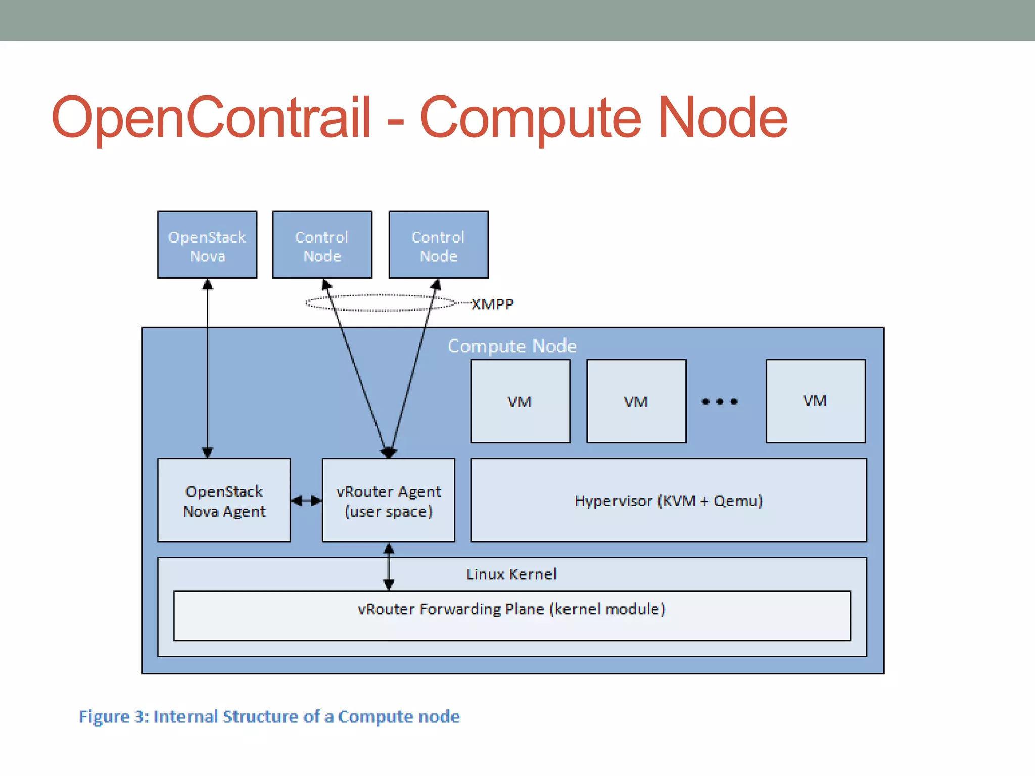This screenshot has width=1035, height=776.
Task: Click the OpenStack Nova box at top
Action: (207, 245)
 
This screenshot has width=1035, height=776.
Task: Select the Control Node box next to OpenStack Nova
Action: (322, 245)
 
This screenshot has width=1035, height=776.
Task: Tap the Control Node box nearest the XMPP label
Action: (439, 245)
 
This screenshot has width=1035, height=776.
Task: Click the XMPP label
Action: (492, 304)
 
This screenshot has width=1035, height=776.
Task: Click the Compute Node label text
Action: (512, 346)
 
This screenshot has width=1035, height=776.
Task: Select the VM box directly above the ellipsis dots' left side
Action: (636, 401)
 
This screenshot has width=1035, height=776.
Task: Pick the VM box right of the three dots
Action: (816, 401)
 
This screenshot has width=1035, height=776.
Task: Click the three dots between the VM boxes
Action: (720, 402)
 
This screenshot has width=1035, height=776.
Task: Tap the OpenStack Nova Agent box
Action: (224, 500)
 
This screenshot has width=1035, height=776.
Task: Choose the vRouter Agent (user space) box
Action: (388, 500)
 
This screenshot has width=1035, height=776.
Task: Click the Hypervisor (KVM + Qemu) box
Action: (668, 500)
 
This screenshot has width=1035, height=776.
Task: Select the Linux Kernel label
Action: (511, 574)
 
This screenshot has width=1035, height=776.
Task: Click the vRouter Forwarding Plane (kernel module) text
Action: (511, 609)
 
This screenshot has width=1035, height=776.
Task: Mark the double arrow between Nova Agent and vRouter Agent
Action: (306, 501)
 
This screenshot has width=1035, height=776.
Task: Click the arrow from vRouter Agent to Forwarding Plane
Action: (389, 566)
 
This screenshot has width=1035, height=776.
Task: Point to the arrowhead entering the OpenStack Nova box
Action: (207, 284)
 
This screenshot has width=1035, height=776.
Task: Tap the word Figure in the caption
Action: (104, 717)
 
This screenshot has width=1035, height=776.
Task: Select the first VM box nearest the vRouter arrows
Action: (520, 401)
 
